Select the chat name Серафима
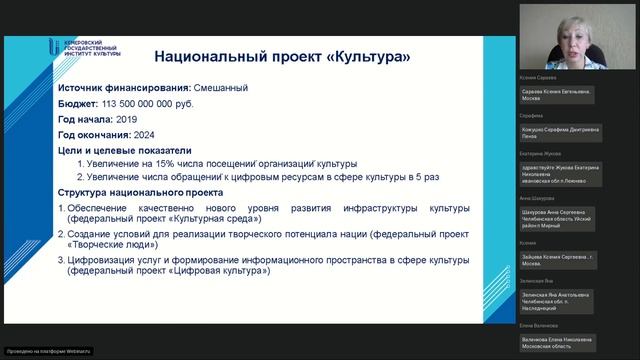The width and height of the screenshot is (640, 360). click(x=531, y=115)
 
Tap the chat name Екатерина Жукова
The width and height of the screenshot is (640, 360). click(x=541, y=154)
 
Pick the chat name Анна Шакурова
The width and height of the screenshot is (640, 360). click(x=538, y=198)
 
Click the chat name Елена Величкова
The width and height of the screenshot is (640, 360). click(x=540, y=327)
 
